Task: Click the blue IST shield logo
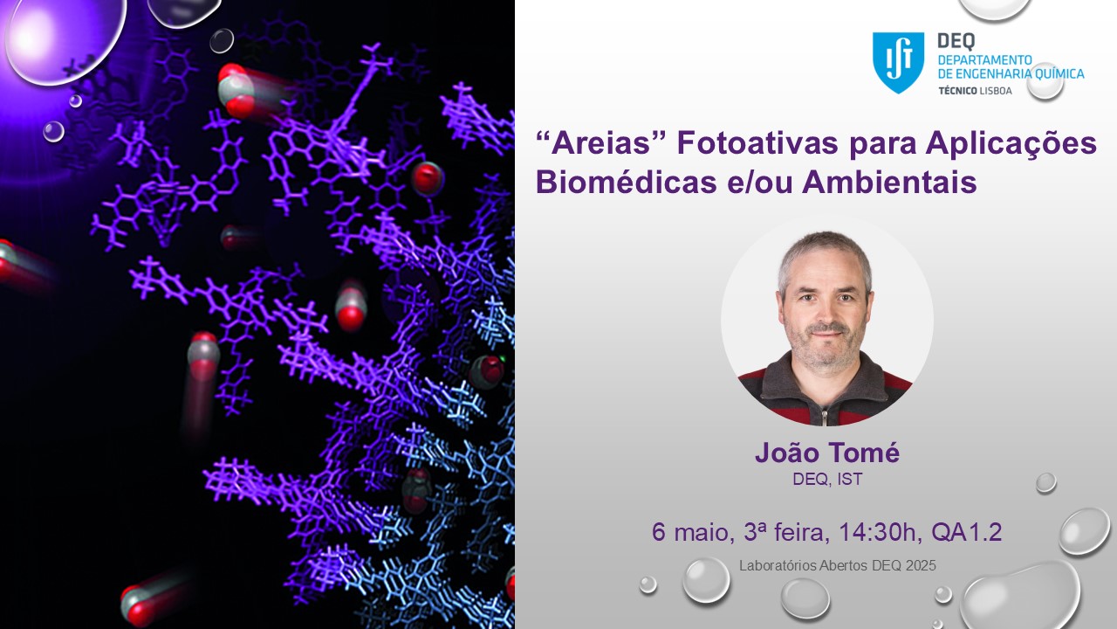[898, 62]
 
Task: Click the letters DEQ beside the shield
[956, 41]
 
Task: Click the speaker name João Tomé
[827, 453]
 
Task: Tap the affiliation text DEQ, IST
[827, 480]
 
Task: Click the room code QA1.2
[966, 532]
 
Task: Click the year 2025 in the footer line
[921, 565]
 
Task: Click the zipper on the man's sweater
[826, 414]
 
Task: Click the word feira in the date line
[801, 532]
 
